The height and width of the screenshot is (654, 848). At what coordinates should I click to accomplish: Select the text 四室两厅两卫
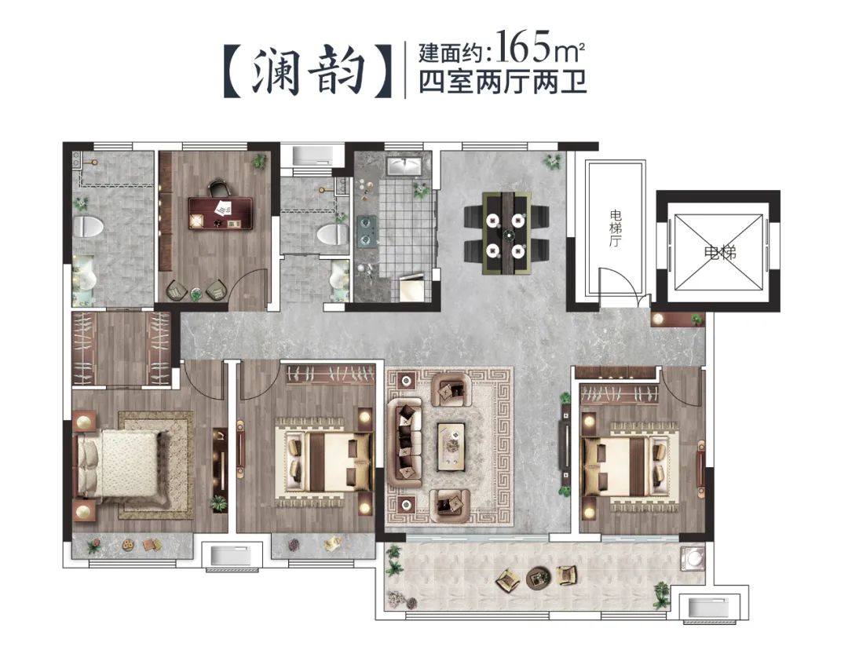[503, 82]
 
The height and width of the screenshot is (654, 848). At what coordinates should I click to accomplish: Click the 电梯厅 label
[615, 228]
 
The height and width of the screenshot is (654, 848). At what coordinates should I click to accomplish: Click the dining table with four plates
[506, 232]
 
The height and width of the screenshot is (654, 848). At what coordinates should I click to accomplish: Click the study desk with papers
[219, 212]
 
